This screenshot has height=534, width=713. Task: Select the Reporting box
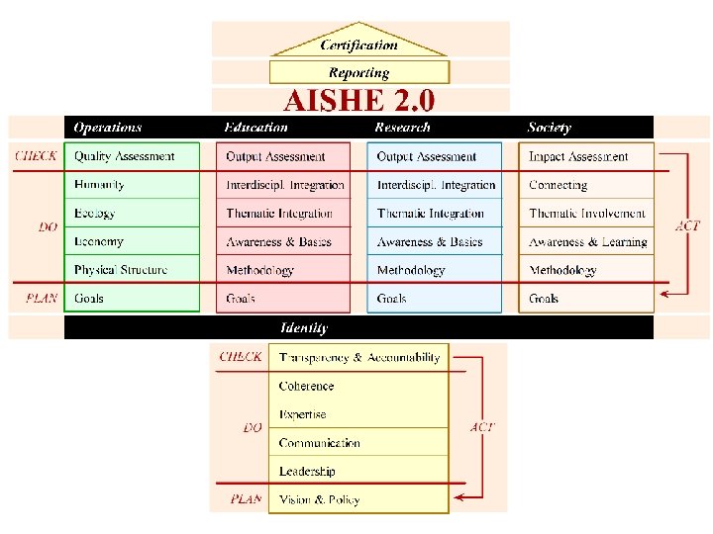tap(359, 72)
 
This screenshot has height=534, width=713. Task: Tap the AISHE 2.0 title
tap(359, 101)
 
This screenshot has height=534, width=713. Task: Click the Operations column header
tap(108, 128)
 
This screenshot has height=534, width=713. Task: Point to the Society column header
tap(550, 128)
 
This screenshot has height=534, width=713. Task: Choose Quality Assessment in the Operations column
tap(125, 156)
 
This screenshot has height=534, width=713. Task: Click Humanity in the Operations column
tap(99, 185)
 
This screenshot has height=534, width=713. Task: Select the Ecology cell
tap(95, 214)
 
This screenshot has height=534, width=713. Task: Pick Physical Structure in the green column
tap(121, 270)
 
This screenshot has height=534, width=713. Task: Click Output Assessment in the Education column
tap(275, 156)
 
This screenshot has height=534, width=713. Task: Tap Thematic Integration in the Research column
tap(430, 214)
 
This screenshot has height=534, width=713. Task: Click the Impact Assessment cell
tap(578, 156)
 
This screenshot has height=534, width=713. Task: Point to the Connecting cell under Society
tap(559, 185)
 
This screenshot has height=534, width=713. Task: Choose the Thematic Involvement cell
tap(587, 214)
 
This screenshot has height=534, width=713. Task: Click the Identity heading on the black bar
tap(304, 327)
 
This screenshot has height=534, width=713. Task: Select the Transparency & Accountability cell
tap(359, 358)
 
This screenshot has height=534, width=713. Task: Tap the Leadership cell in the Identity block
tap(307, 472)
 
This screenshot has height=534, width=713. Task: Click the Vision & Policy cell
tap(320, 499)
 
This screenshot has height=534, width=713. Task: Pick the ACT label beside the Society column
tap(687, 225)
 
